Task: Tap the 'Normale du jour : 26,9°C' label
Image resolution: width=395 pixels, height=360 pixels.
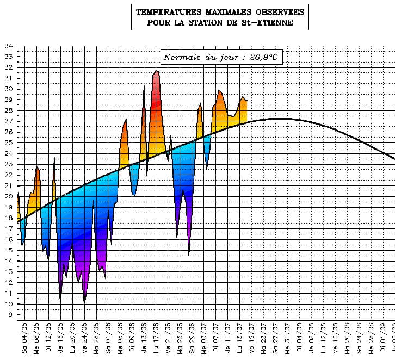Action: pyautogui.click(x=222, y=57)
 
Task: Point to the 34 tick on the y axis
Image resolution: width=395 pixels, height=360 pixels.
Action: pyautogui.click(x=8, y=46)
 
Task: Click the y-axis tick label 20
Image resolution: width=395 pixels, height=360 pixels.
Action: pyautogui.click(x=8, y=196)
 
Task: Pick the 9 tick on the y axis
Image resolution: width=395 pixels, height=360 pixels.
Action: pyautogui.click(x=10, y=315)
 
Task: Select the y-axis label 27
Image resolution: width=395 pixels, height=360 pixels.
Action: pyautogui.click(x=8, y=121)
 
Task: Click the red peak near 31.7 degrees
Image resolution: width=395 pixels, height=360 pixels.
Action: pyautogui.click(x=156, y=72)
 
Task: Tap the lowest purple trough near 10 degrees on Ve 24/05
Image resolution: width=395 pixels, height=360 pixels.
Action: pyautogui.click(x=84, y=301)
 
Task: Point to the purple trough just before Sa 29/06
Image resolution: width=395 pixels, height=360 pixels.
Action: pyautogui.click(x=189, y=253)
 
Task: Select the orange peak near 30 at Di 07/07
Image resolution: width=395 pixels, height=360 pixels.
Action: pyautogui.click(x=219, y=91)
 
